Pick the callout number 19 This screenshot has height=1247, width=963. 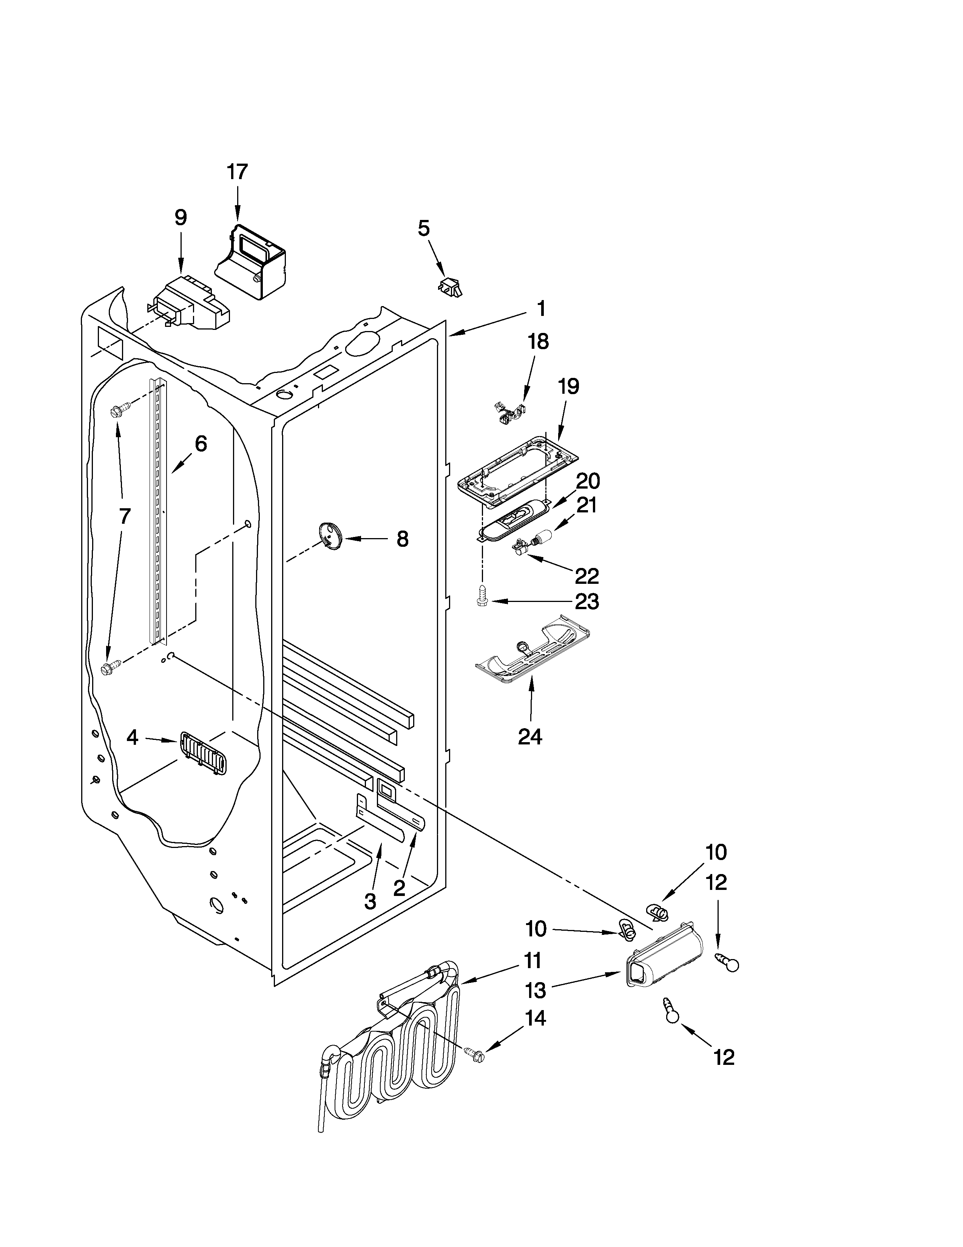tap(568, 387)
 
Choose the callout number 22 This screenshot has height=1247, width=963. tap(586, 576)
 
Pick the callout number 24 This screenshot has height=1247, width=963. tap(530, 736)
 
